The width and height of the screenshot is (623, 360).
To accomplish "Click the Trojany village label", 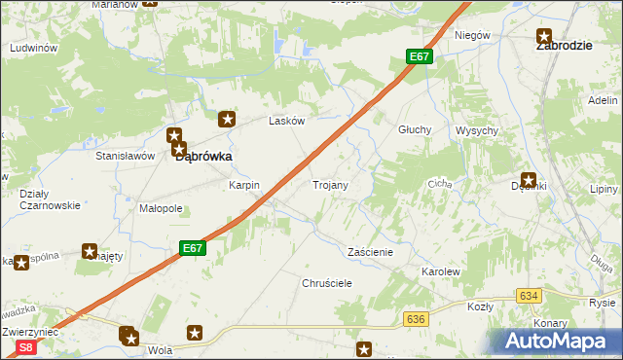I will pyautogui.click(x=330, y=184).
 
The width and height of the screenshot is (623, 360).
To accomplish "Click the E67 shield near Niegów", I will pyautogui.click(x=419, y=57).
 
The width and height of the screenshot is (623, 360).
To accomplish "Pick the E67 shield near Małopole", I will pyautogui.click(x=193, y=249).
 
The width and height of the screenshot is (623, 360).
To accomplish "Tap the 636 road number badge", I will pyautogui.click(x=417, y=319).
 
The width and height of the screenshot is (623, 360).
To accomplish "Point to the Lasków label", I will pyautogui.click(x=287, y=122).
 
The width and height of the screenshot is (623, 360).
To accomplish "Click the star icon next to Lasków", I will pyautogui.click(x=228, y=120).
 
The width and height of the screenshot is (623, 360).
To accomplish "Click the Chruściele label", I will pyautogui.click(x=326, y=282).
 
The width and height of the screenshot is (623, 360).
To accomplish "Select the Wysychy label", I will pyautogui.click(x=477, y=130).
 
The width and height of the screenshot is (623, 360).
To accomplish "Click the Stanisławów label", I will pyautogui.click(x=126, y=156).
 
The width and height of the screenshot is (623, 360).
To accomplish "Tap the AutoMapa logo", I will pyautogui.click(x=559, y=342).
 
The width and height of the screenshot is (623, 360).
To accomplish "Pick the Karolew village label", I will pyautogui.click(x=439, y=271).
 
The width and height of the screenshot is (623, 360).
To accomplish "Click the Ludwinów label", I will pyautogui.click(x=34, y=48).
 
